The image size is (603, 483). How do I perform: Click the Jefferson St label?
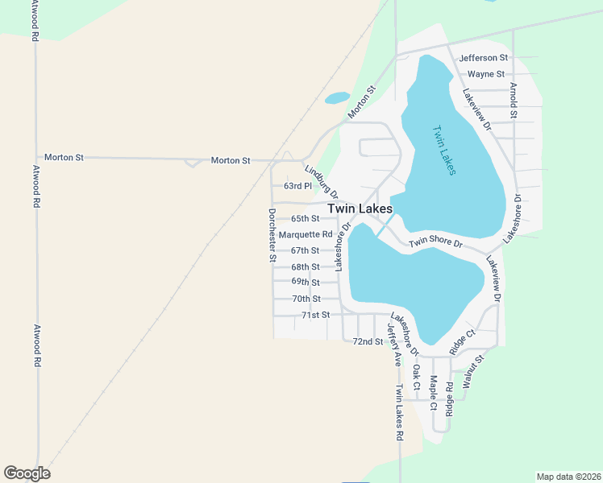pos(483,58)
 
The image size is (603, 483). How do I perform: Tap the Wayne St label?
pos(485,74)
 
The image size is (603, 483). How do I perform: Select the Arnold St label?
pos(513,100)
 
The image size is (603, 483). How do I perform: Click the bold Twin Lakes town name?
pos(360,208)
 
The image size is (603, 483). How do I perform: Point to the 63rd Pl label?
pos(297,186)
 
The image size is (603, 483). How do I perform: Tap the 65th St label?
pos(305,218)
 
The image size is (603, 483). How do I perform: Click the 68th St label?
pos(306,266)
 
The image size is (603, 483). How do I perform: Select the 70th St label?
pos(306,299)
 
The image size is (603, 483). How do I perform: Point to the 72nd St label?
pos(368,341)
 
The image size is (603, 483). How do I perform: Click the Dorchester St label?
pos(272,235)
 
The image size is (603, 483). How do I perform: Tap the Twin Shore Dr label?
pos(435,243)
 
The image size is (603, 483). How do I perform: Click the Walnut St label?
pos(472,369)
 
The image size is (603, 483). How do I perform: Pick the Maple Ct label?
pos(433,393)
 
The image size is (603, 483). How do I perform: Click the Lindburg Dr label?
pos(320,181)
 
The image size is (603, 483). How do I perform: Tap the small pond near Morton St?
pos(336,98)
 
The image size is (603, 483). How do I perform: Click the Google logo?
pos(27,473)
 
